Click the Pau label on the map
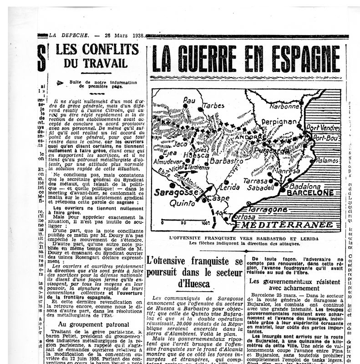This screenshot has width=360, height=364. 189,100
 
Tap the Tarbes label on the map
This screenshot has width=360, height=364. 213,105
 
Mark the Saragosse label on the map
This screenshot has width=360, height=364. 175,193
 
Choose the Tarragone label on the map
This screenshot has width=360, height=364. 269,210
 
